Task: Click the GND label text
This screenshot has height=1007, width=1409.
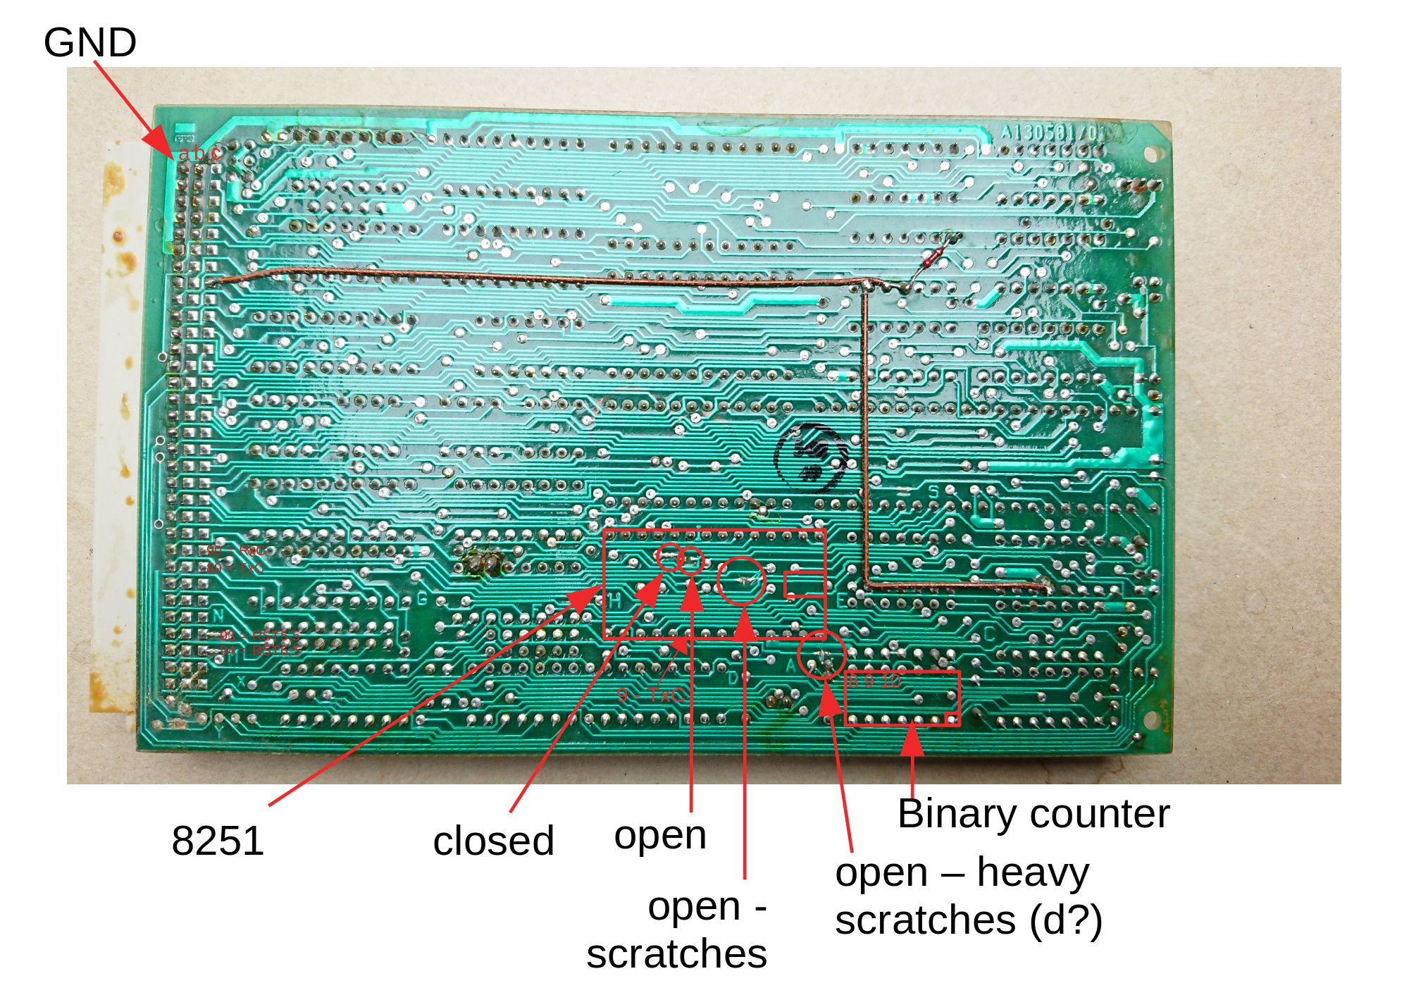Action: point(89,42)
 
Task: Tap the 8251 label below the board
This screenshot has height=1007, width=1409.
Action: point(218,840)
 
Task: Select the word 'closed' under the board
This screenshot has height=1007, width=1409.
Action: point(493,841)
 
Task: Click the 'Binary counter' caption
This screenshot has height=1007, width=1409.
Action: point(1033,814)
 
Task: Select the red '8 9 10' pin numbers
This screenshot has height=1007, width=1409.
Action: point(874,681)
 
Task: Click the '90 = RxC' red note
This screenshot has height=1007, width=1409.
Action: point(235,550)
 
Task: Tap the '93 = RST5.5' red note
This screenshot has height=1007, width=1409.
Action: point(260,636)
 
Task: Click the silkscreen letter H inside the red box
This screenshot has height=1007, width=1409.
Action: point(615,601)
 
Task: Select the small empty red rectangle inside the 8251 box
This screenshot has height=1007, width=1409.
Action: point(804,585)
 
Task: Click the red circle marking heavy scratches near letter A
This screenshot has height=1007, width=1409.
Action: point(822,655)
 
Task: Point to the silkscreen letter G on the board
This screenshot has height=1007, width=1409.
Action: point(423,599)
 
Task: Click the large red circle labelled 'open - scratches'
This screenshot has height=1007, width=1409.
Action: point(742,580)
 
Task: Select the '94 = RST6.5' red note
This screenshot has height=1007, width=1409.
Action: point(260,650)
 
